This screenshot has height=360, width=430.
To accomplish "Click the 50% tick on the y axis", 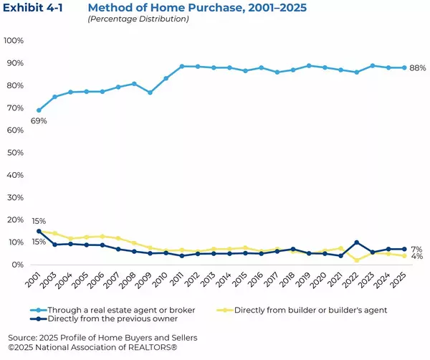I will [15, 153].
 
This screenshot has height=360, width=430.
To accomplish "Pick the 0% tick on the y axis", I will [18, 265].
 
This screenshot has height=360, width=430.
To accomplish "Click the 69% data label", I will [39, 121].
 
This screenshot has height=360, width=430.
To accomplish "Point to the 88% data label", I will [419, 68].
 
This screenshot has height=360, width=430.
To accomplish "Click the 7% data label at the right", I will [416, 249].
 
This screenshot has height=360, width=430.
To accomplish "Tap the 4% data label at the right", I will [416, 257].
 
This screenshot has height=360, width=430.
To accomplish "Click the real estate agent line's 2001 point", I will [39, 110].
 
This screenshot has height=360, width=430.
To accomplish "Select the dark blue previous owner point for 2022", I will [357, 242].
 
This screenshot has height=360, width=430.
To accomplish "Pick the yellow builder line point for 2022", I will [357, 260].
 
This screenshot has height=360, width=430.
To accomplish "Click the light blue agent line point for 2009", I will [150, 93].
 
